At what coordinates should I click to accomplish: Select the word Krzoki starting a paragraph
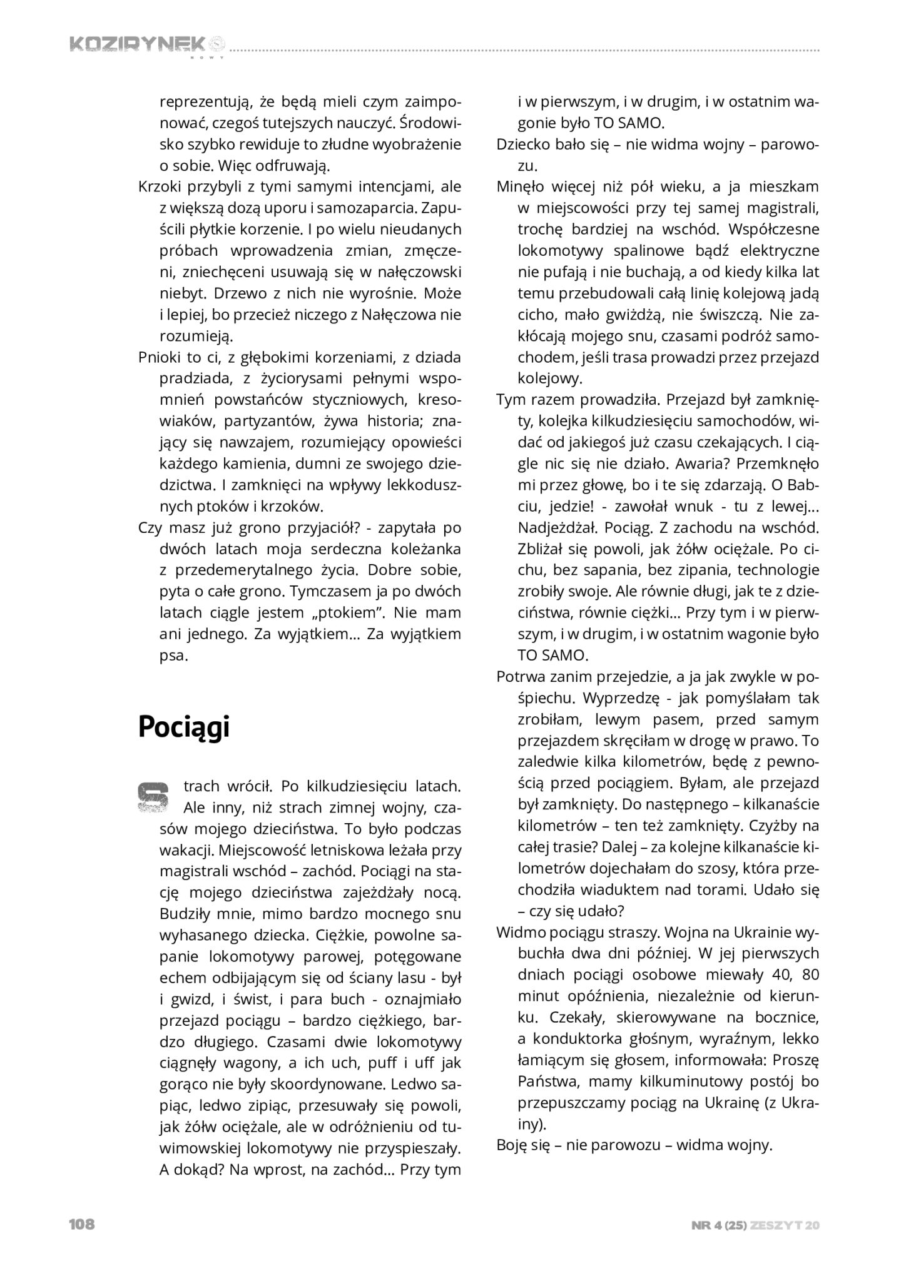[x=160, y=186]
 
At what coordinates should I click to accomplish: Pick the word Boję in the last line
[x=513, y=1145]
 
